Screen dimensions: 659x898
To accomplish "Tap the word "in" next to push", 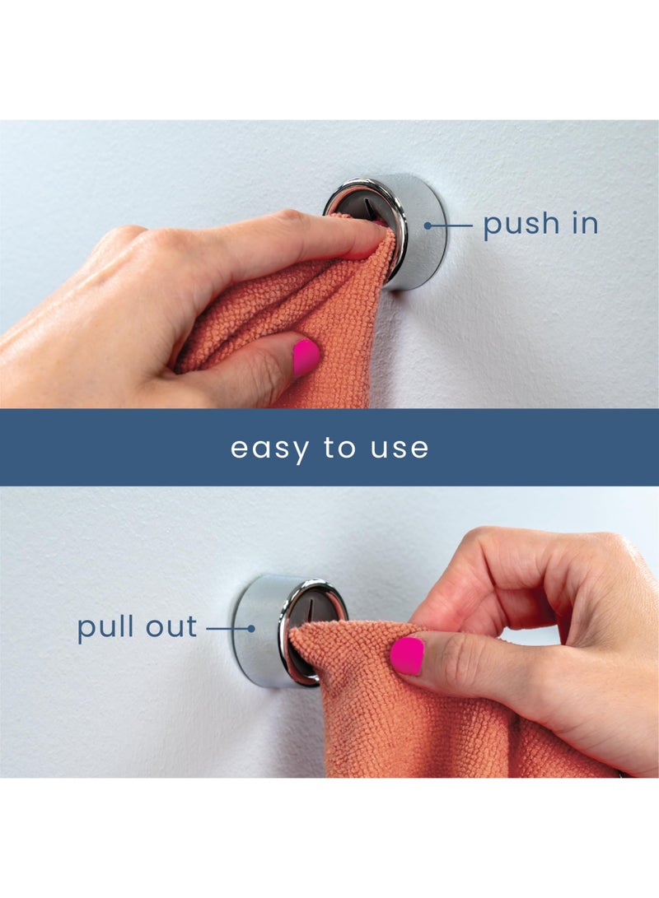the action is coord(586,223).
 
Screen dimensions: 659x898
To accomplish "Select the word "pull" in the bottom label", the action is coord(105,628).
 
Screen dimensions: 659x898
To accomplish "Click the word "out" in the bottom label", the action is coord(171,627).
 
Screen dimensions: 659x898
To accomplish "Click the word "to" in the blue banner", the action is coord(340,447).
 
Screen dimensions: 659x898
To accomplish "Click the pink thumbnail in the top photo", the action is coord(306,356).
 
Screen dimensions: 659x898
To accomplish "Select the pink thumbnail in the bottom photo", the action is coord(407,655).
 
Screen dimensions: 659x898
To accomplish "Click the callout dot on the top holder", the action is coord(428,226).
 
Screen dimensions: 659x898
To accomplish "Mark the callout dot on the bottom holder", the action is coord(251,628).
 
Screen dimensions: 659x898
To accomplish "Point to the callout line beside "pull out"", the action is coord(229,628).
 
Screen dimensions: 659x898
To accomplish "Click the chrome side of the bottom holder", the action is coord(258,630).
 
